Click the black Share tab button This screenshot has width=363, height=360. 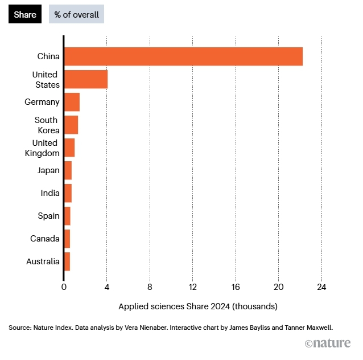24,14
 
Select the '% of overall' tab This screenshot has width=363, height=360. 76,14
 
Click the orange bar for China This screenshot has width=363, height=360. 183,56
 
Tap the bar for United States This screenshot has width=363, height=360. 85,79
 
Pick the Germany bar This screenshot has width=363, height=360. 72,102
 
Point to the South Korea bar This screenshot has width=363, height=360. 71,125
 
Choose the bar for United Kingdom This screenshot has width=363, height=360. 69,148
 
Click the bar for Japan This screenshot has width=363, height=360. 68,170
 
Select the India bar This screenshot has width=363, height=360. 68,193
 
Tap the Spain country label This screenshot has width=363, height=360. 48,216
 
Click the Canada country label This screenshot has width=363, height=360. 44,239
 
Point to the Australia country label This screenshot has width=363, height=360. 43,261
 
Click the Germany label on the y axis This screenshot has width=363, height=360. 42,102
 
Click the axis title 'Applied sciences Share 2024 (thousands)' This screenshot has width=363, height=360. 197,306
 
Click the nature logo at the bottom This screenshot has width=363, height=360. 329,343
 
